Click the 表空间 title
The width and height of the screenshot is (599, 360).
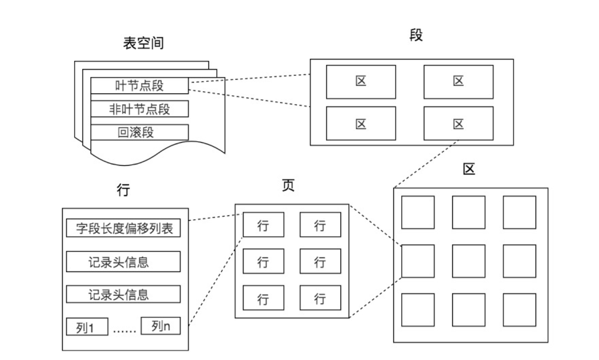(x=144, y=43)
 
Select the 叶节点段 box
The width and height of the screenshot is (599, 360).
(x=139, y=85)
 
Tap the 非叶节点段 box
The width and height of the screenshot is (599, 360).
(x=139, y=109)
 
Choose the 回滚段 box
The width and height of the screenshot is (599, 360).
(x=139, y=133)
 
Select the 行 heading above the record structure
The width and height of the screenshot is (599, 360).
(x=123, y=190)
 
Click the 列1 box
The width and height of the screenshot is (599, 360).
(x=87, y=328)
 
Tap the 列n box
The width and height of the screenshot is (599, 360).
(x=161, y=326)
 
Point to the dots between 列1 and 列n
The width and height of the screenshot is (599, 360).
(x=124, y=330)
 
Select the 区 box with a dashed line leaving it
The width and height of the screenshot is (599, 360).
(x=458, y=123)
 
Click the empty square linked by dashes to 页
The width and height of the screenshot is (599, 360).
(x=418, y=261)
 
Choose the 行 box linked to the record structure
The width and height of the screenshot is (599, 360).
(x=263, y=225)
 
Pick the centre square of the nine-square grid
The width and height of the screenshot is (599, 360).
(x=468, y=261)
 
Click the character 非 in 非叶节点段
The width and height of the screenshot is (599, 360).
(x=115, y=109)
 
